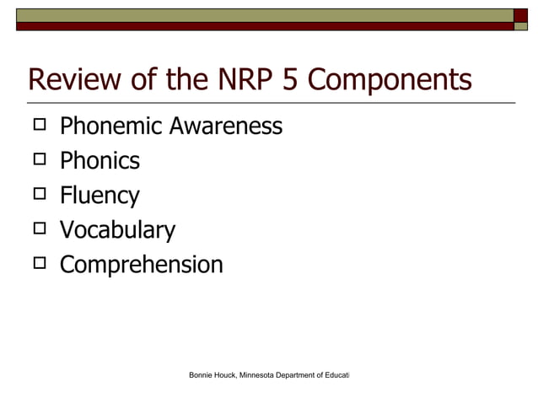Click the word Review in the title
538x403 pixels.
[x=72, y=80]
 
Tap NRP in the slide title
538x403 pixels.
[x=236, y=80]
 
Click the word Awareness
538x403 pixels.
[x=226, y=126]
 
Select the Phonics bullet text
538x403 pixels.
[x=100, y=161]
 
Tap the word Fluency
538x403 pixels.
[x=100, y=196]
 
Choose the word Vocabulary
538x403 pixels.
[x=117, y=231]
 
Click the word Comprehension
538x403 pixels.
[x=141, y=266]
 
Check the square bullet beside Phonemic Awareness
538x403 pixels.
[x=39, y=126]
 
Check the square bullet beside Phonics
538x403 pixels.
[x=39, y=160]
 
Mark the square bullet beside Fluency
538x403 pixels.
[x=39, y=195]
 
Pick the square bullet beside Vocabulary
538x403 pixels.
[x=39, y=229]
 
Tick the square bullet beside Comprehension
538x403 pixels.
[x=39, y=264]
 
